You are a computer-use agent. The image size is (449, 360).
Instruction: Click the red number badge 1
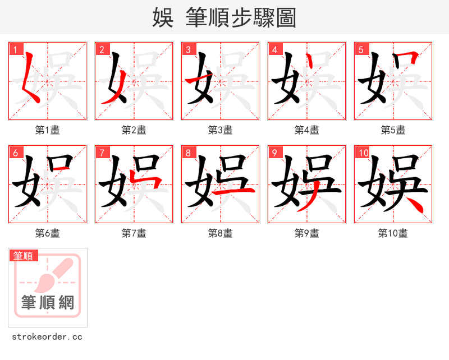[x=15, y=49]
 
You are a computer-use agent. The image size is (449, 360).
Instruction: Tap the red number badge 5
[x=361, y=49]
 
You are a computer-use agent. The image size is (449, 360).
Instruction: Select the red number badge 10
[x=363, y=153]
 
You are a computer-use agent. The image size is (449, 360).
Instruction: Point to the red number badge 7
[x=102, y=153]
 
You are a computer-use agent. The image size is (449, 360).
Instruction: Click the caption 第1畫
[x=47, y=130]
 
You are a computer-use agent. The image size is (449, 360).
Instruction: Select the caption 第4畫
[x=306, y=130]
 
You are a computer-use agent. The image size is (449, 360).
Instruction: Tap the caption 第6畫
[x=47, y=233]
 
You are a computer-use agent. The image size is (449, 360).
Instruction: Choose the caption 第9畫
[x=306, y=233]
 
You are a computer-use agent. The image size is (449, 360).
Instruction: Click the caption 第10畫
[x=393, y=233]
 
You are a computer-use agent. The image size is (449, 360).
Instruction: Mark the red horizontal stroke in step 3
[x=197, y=82]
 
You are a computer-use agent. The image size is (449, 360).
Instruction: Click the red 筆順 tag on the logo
[x=24, y=256]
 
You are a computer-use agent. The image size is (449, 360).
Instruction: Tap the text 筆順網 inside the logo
[x=48, y=303]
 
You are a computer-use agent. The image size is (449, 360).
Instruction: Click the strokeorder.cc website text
[x=47, y=337]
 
